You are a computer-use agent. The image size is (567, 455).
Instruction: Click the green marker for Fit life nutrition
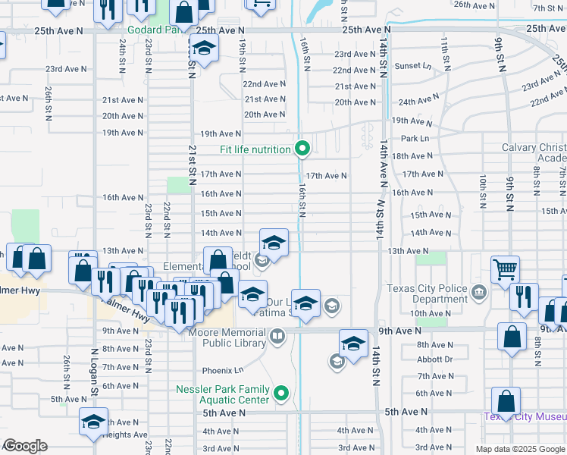tap(302, 148)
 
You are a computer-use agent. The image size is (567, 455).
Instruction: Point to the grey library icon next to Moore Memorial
tap(278, 335)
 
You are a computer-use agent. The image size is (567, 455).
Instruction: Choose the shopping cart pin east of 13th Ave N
tap(505, 268)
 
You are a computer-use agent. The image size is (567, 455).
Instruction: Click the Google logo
tap(25, 446)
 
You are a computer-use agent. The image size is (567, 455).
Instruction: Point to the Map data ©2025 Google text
tap(519, 449)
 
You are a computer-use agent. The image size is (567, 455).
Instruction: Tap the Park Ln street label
tap(414, 138)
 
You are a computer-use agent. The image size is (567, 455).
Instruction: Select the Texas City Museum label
tap(525, 416)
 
